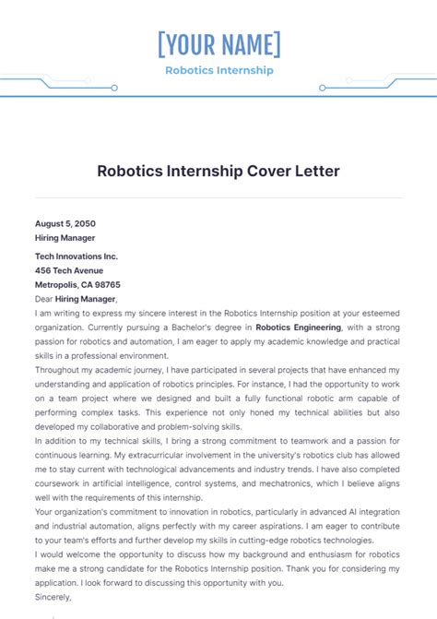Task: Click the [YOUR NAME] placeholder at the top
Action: click(218, 44)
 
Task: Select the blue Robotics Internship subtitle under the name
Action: click(218, 70)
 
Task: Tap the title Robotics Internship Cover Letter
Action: click(218, 171)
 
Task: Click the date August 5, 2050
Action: click(65, 223)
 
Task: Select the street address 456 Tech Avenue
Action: click(69, 270)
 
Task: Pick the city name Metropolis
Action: click(57, 285)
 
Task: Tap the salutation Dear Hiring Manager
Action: click(76, 299)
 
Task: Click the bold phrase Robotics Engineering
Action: click(298, 327)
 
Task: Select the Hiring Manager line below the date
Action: click(65, 237)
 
